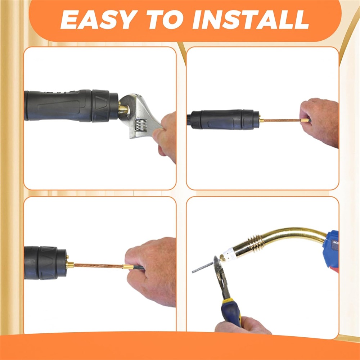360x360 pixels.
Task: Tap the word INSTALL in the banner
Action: pos(251,20)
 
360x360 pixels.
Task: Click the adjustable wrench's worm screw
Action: pos(141,125)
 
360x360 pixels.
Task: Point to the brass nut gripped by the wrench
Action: pos(123,109)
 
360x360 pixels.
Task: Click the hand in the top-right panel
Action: pos(320,122)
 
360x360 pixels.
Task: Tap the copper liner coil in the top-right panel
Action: pos(282,120)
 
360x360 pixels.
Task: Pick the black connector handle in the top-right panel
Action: pos(223,120)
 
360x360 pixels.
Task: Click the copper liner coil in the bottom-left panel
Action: pos(99,266)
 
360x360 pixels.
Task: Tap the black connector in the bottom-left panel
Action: pos(45,263)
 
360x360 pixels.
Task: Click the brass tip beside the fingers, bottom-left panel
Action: pos(128,267)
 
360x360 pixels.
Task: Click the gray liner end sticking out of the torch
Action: pos(203,267)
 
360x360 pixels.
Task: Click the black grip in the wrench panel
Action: pos(71,105)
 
